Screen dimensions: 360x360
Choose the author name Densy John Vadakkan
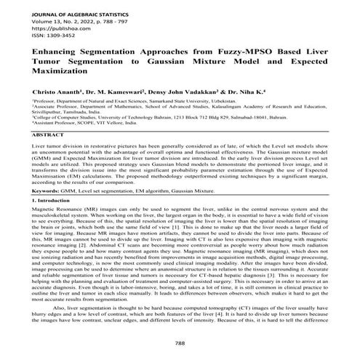click(207, 94)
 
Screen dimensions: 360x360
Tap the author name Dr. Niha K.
click(273, 94)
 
